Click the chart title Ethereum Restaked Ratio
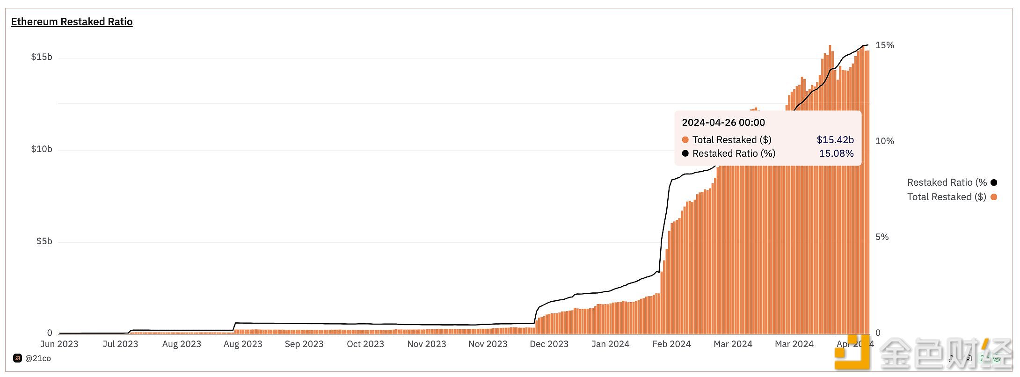(x=72, y=22)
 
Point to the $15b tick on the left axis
(x=42, y=57)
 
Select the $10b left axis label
(x=42, y=149)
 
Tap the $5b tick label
(x=44, y=241)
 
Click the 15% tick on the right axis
(x=884, y=45)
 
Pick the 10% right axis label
(x=884, y=141)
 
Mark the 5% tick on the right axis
(x=882, y=237)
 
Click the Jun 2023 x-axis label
(x=59, y=344)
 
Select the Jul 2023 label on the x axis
(x=120, y=344)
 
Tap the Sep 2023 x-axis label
(x=304, y=344)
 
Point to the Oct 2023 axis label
(x=365, y=344)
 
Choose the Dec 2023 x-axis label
(x=549, y=344)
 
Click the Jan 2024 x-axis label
(x=610, y=344)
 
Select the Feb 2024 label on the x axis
(x=671, y=344)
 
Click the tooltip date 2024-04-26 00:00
(x=723, y=123)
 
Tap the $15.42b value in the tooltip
(x=835, y=140)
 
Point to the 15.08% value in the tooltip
(x=836, y=153)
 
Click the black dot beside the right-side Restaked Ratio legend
(x=994, y=182)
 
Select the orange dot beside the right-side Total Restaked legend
(x=994, y=197)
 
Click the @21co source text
(x=38, y=358)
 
